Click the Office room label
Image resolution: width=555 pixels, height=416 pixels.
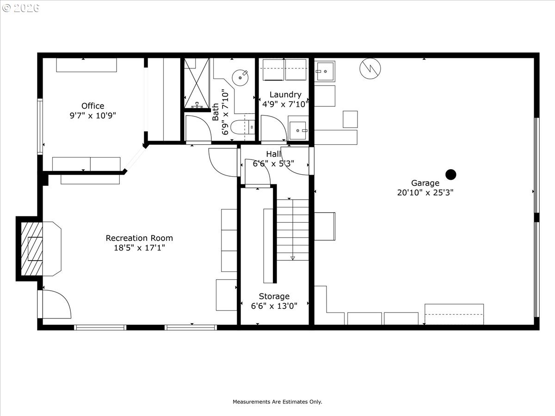coord(92,106)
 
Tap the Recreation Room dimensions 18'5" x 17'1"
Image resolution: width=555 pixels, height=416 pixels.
coord(139,248)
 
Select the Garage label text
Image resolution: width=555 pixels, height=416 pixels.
coord(425,183)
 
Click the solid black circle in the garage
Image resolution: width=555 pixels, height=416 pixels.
coord(450,174)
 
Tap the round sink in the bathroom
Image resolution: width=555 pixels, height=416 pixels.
coord(240,76)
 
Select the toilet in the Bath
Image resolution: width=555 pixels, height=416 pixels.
coord(242,126)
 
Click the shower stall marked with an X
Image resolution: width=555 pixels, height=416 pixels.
coord(197,83)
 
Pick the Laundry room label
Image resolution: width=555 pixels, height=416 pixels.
coord(285,95)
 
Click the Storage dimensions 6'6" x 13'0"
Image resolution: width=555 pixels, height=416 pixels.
coord(274,306)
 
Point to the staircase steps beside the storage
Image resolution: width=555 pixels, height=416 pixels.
coord(293,229)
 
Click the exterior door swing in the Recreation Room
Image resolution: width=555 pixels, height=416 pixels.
coord(55,304)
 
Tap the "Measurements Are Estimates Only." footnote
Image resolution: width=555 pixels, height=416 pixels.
coord(277,402)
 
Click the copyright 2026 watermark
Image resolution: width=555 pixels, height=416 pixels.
coord(21,8)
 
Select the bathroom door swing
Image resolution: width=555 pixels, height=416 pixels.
coord(198,128)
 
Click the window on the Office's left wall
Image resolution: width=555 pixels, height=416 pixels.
coord(40,126)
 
